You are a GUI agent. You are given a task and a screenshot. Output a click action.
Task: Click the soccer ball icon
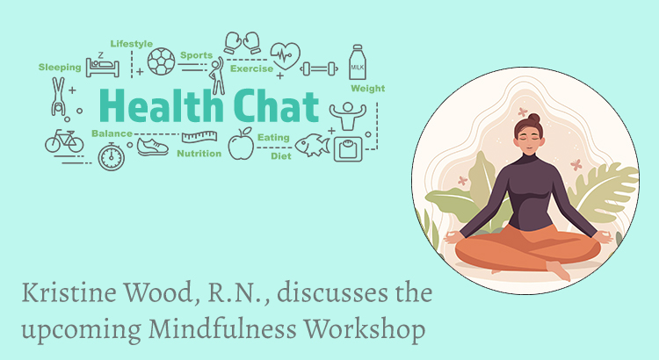point(162,61)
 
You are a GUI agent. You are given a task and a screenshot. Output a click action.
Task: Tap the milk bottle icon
point(358,62)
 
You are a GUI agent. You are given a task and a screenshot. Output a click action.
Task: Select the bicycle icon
point(64,141)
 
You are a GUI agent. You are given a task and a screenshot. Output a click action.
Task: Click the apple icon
point(242,144)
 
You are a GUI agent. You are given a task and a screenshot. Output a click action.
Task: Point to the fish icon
point(312,146)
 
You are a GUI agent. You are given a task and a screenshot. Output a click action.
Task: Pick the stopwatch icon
point(112,156)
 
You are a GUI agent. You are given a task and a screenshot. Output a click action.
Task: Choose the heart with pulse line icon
point(286,55)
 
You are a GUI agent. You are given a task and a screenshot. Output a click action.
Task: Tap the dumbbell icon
point(320,68)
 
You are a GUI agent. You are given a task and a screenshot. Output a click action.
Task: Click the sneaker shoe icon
point(153,147)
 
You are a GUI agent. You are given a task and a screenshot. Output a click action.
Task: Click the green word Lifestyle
point(132,44)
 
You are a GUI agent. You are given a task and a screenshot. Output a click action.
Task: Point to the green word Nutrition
point(199,154)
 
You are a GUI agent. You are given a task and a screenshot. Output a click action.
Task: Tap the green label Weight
point(368,89)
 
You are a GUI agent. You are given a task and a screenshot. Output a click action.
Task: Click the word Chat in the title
point(276,106)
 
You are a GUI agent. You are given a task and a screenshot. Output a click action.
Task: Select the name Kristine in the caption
point(69,292)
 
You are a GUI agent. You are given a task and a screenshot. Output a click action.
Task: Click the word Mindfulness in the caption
point(223,329)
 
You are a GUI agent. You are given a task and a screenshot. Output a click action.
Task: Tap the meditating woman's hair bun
point(533,118)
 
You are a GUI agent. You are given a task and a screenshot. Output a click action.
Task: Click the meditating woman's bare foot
point(559,270)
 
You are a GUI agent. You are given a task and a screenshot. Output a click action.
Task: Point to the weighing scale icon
point(348,149)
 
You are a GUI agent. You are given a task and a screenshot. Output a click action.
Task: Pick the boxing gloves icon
point(243,43)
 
